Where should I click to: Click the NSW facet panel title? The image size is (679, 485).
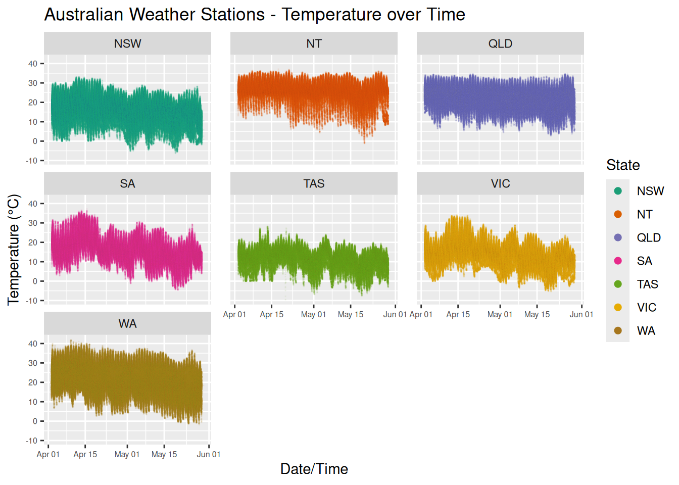pos(127,44)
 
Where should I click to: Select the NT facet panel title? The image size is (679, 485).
pos(314,44)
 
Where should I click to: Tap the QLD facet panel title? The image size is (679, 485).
pos(500,44)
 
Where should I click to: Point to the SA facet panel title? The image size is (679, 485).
pos(127,184)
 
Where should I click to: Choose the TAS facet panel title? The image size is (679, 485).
pos(314,184)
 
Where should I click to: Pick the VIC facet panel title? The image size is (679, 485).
pos(500,184)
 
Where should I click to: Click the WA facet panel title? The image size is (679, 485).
pos(127,324)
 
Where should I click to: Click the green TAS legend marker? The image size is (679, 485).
pos(618,284)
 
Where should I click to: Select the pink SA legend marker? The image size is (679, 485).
pos(618,261)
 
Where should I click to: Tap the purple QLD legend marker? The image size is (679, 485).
pos(618,237)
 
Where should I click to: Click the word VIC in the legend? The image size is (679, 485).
pos(646,308)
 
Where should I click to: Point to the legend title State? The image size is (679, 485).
pos(623,165)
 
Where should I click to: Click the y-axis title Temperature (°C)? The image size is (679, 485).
pos(14,250)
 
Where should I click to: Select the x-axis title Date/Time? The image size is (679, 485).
pos(314,469)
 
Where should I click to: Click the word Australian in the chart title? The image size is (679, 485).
pos(84,15)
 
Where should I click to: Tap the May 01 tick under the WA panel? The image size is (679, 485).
pos(127,455)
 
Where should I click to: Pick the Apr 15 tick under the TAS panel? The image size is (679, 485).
pos(272,315)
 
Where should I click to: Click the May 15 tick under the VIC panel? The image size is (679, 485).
pos(537,315)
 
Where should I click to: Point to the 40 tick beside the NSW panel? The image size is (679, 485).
pos(33,64)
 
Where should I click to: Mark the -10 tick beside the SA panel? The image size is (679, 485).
pos(32,301)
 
